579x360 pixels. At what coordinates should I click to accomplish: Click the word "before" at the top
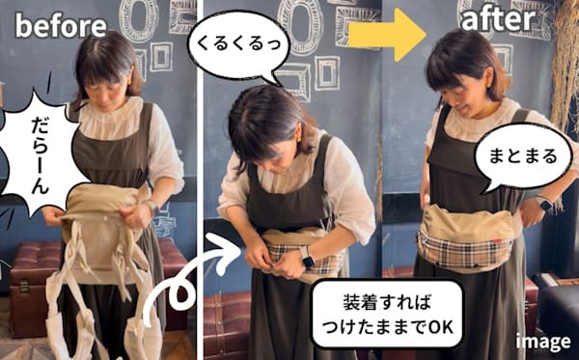tap(60, 26)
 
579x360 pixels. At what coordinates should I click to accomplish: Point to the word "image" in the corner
tap(541, 342)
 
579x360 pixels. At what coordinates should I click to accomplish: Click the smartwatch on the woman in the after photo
tap(543, 206)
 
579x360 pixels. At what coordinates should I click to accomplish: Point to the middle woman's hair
tap(259, 116)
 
